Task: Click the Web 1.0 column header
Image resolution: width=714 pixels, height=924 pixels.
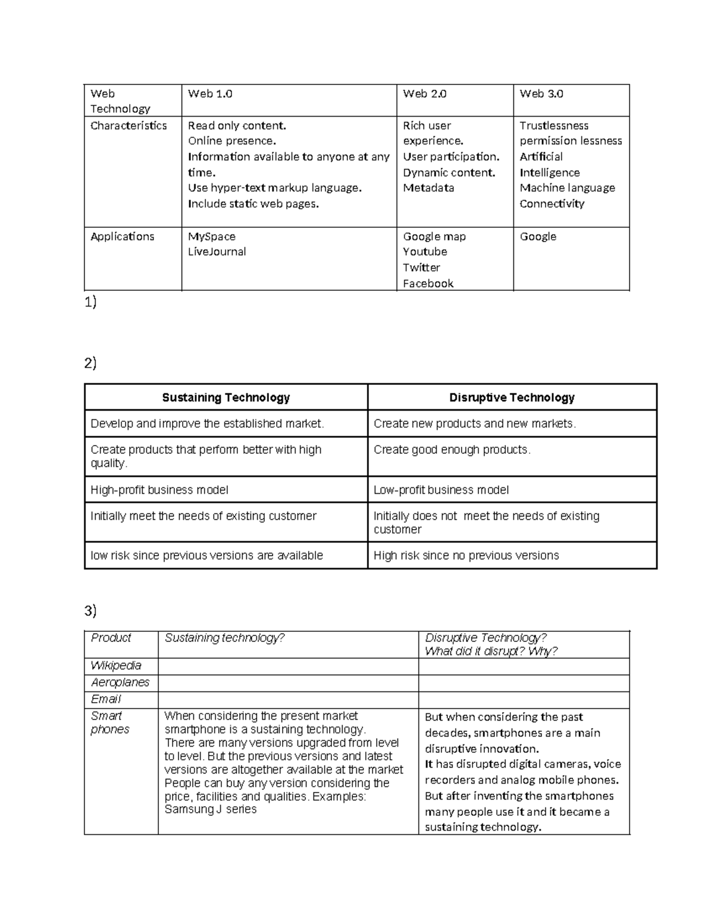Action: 210,93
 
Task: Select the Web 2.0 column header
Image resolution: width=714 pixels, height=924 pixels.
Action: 424,93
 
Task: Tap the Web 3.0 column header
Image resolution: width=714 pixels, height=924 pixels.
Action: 541,93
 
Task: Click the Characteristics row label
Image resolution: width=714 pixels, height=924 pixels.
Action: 129,126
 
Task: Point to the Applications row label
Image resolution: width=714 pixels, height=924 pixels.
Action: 122,236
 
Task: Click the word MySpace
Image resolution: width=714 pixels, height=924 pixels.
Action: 212,236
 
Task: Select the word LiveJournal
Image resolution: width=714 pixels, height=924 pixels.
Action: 217,252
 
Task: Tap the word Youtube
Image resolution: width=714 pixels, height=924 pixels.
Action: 425,252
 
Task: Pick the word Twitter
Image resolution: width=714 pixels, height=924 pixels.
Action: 421,268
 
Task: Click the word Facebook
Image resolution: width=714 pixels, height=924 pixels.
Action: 428,283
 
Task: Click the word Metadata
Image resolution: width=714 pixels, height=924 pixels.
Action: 428,188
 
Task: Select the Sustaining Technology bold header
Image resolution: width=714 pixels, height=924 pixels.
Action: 226,397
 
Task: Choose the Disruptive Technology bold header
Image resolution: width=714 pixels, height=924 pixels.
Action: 512,397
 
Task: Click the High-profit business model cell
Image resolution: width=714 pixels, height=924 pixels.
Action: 159,490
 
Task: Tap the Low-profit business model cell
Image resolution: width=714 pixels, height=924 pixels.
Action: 441,490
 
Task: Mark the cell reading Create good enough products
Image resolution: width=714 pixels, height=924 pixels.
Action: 452,450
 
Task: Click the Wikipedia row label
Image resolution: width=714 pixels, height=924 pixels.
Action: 116,666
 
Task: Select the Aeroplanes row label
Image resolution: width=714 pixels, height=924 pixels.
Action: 120,682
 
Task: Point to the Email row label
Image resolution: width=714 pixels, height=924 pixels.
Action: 106,699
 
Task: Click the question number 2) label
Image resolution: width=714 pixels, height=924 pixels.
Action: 90,363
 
